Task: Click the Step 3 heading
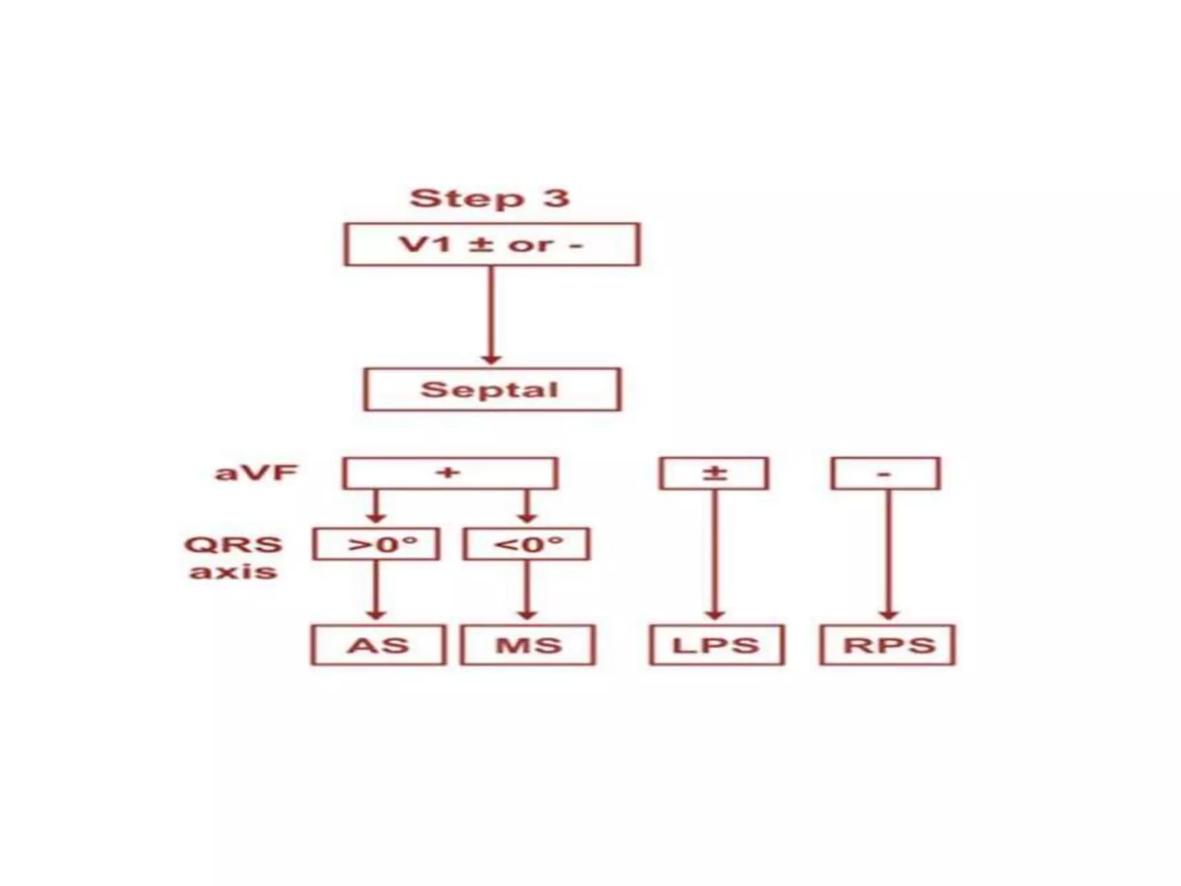point(490,198)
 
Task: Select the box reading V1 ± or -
point(492,245)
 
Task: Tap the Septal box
point(492,389)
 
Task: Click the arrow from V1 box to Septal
point(491,315)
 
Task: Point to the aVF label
point(256,473)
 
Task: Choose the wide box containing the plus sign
point(450,474)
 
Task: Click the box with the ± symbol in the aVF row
point(714,474)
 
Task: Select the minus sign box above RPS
point(886,474)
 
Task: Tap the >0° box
point(377,544)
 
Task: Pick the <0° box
point(526,544)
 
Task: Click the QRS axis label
point(234,558)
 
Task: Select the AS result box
point(378,645)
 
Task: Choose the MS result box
point(528,645)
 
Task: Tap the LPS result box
point(716,645)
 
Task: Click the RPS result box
point(887,645)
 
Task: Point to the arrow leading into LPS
point(715,554)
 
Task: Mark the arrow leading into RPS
point(888,554)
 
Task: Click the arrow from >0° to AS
point(376,590)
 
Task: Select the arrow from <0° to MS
point(526,590)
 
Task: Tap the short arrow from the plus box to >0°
point(376,506)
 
